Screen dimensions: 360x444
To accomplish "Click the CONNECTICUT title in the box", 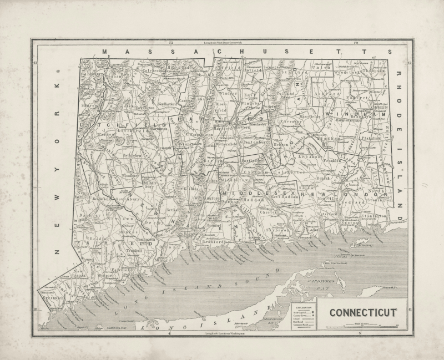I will pos(363,312).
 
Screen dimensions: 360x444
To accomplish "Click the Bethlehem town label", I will pos(133,156).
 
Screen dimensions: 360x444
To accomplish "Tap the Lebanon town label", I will pos(311,158).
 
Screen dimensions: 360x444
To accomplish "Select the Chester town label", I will pos(268,212).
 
